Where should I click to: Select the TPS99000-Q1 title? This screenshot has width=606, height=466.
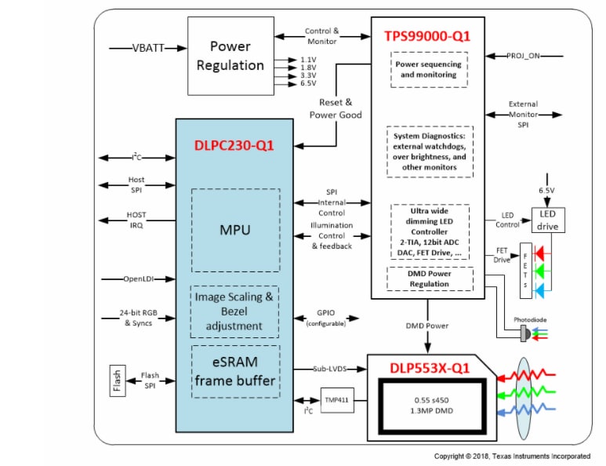pos(427,36)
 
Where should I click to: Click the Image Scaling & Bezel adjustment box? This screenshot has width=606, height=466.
pos(235,311)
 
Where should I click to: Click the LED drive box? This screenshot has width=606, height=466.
pos(548,220)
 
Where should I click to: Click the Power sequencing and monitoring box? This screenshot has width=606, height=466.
pos(428,70)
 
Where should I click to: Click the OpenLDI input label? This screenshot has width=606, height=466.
pos(136,279)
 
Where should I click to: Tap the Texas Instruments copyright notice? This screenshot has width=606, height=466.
pos(512,456)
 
